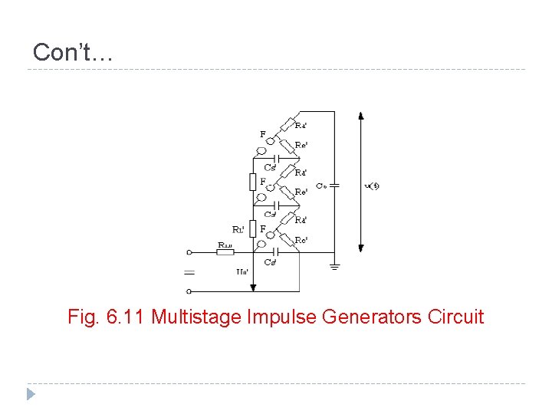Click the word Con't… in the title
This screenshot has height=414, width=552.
73,52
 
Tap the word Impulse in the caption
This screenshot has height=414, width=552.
268,316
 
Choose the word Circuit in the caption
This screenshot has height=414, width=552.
458,316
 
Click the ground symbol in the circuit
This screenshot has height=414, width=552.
334,266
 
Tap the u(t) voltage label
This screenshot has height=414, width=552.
372,186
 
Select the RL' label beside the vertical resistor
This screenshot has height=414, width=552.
238,228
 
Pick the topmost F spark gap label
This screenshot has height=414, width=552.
263,134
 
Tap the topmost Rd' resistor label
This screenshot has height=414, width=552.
301,125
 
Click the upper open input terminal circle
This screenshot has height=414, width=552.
189,251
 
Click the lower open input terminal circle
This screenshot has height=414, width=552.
189,291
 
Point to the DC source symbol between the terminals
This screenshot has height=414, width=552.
189,272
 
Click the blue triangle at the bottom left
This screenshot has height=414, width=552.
31,395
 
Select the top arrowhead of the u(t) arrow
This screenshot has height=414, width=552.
361,116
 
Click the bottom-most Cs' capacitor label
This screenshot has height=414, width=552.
270,263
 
